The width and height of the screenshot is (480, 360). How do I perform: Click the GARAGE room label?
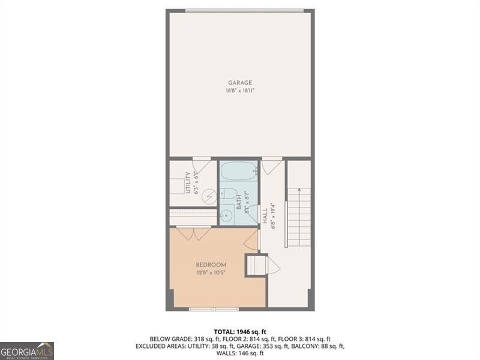pyautogui.click(x=240, y=83)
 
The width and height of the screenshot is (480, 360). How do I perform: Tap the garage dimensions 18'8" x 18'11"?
pyautogui.click(x=240, y=91)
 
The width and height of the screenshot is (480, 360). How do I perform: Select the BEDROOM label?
pyautogui.click(x=211, y=265)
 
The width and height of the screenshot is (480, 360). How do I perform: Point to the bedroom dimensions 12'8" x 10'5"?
pyautogui.click(x=211, y=272)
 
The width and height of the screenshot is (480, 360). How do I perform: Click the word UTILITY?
pyautogui.click(x=188, y=184)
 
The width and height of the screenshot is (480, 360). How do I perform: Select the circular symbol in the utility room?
pyautogui.click(x=209, y=196)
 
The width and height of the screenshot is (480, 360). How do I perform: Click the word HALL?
pyautogui.click(x=265, y=216)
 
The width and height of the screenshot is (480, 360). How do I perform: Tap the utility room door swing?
pyautogui.click(x=202, y=164)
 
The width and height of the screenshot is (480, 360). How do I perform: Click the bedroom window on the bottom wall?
pyautogui.click(x=206, y=309)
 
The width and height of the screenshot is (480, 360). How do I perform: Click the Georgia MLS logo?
pyautogui.click(x=27, y=350)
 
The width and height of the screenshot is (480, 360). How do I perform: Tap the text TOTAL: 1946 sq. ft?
pyautogui.click(x=240, y=331)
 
